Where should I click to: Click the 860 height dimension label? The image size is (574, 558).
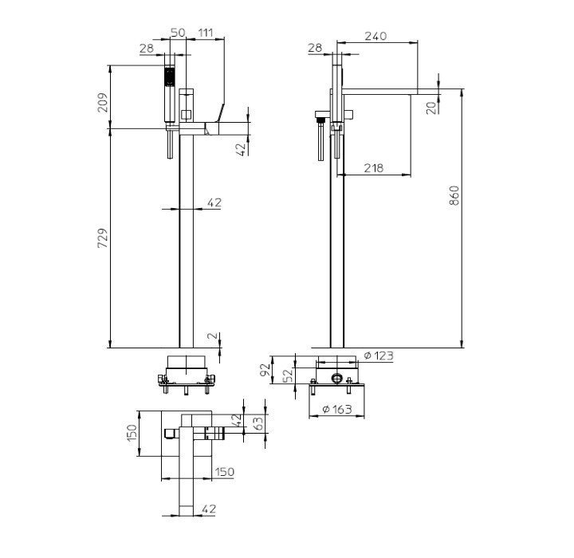[454, 195]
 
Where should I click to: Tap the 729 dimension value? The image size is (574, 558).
[103, 238]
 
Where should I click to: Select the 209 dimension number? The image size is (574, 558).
[103, 103]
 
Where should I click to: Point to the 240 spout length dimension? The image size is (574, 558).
[375, 36]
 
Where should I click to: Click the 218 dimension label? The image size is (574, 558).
[374, 167]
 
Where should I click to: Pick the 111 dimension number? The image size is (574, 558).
[206, 32]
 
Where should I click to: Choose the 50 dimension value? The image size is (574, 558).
[178, 32]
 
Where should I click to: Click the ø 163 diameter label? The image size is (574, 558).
[337, 409]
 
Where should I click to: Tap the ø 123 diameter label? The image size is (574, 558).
[379, 356]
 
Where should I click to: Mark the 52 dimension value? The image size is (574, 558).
[289, 375]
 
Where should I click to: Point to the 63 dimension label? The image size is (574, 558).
[258, 423]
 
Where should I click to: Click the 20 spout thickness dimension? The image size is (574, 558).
[432, 108]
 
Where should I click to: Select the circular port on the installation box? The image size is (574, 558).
[336, 379]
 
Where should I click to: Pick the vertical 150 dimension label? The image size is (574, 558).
[132, 433]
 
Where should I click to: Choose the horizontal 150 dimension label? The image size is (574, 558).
[224, 472]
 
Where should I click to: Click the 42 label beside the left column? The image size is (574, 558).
[214, 202]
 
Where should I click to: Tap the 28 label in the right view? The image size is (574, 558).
[315, 48]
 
